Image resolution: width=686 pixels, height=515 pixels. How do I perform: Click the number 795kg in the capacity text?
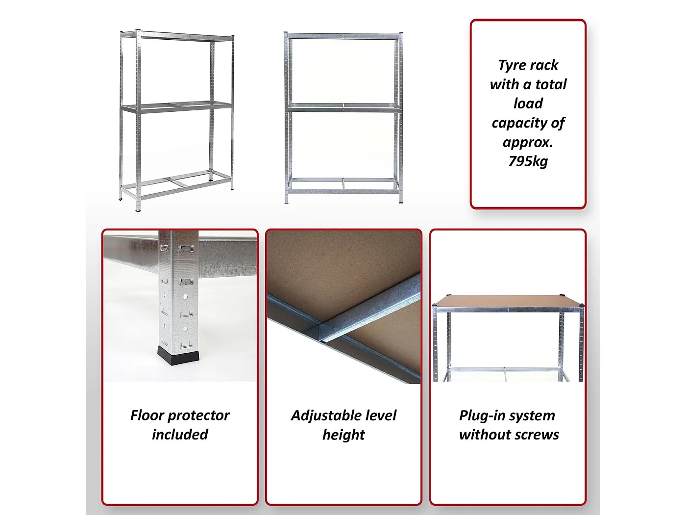(x=528, y=161)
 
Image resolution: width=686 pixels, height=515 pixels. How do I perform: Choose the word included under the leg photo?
(x=180, y=435)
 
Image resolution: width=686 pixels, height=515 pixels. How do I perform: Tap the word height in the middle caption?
(x=343, y=435)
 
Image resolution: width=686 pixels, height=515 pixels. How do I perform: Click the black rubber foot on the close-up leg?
(x=178, y=356)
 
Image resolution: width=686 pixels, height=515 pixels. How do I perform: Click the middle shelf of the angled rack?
(x=176, y=106)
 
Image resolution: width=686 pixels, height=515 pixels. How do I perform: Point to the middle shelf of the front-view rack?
(x=343, y=107)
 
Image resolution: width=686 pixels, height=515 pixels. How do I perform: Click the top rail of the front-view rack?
(x=343, y=36)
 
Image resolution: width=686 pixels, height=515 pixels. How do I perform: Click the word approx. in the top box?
(x=528, y=143)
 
